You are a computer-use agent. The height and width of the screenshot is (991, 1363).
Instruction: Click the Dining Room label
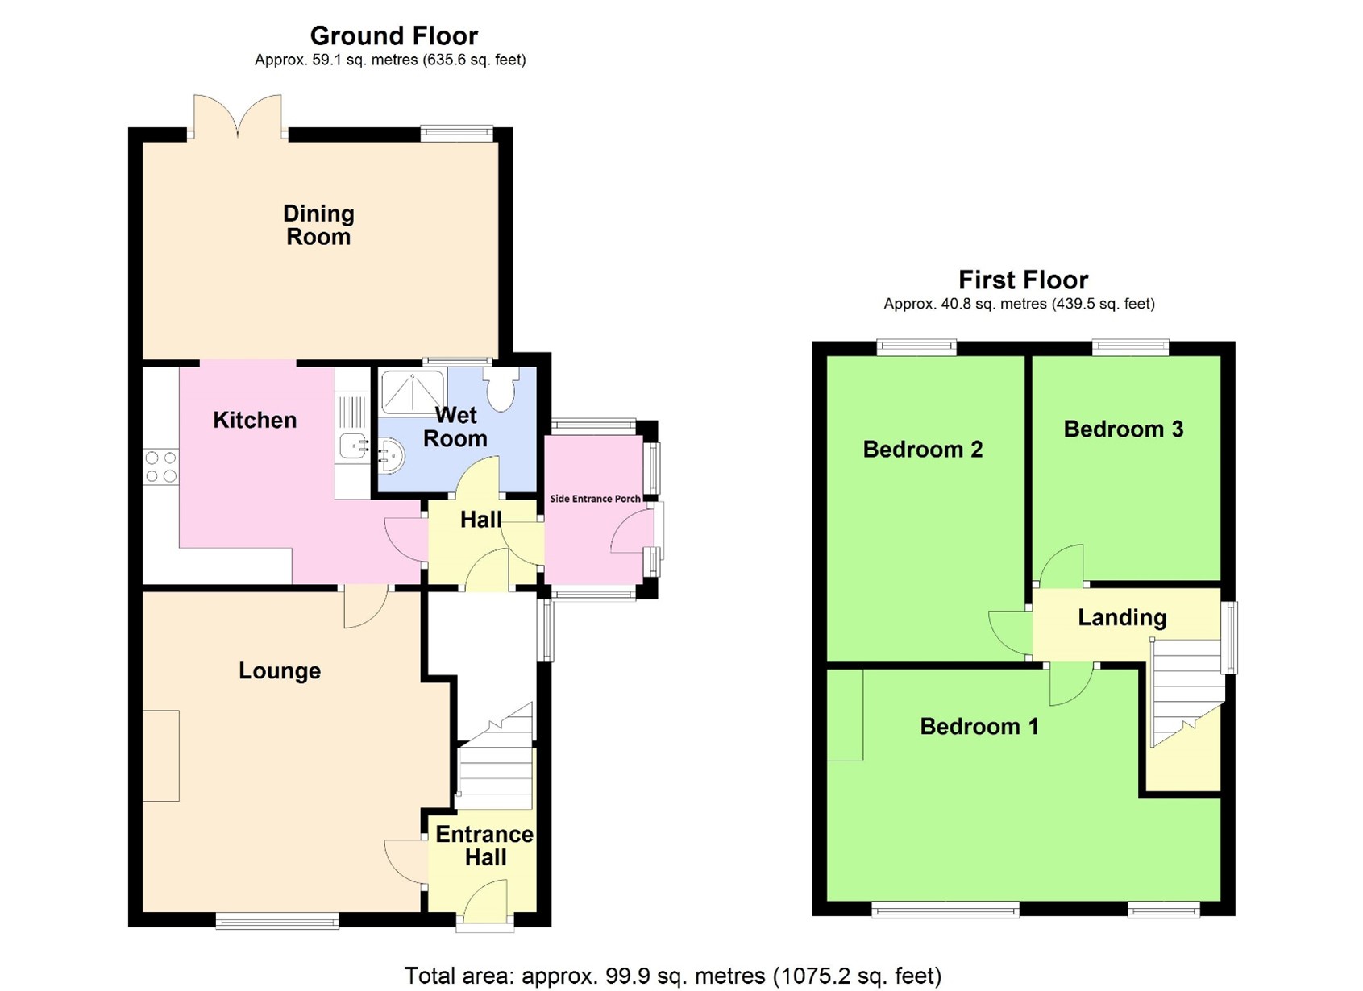(318, 225)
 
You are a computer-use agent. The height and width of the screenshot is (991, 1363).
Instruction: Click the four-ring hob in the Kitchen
(160, 466)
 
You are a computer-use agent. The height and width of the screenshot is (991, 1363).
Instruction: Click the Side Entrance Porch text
(595, 499)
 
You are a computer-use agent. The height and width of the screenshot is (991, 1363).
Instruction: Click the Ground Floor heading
(393, 36)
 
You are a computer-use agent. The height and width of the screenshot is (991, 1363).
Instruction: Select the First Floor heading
(1023, 280)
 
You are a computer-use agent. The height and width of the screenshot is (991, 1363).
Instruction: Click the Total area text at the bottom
(672, 976)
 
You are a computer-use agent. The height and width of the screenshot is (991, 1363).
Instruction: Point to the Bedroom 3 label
(1123, 429)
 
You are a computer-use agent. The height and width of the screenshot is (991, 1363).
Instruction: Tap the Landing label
(1122, 618)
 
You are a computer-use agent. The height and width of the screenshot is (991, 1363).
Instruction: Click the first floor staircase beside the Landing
(1185, 693)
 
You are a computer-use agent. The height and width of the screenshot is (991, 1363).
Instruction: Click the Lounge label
(280, 671)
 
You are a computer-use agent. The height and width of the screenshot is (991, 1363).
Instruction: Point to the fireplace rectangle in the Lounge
(161, 756)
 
